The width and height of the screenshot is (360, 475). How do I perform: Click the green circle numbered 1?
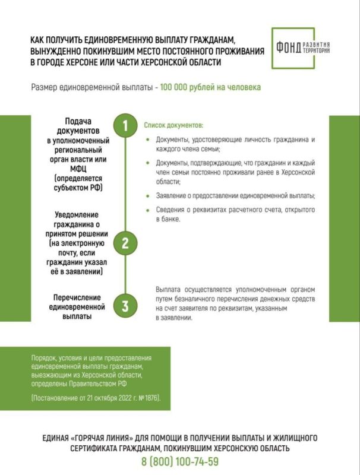[125, 126]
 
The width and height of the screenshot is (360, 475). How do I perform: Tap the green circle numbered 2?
[125, 243]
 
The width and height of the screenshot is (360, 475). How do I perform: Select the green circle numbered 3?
[125, 306]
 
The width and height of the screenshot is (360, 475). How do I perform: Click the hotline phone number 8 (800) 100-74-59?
[179, 461]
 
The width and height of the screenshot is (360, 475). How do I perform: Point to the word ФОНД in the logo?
[289, 47]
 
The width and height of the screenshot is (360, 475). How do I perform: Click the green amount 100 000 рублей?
[195, 87]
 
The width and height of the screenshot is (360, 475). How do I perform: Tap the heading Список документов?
[173, 126]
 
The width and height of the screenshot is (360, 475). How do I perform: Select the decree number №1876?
[149, 396]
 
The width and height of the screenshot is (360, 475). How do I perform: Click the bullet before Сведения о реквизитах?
[148, 210]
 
